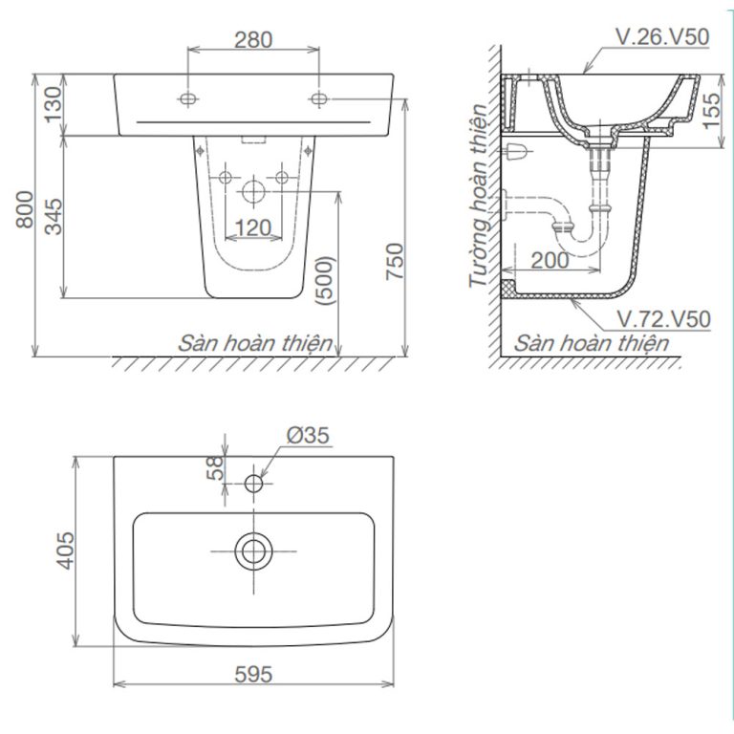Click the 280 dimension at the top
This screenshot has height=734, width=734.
pos(253,39)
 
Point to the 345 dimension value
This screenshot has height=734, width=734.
pos(53,217)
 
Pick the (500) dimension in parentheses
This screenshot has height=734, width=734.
pos(326,280)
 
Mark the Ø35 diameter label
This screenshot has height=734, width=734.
pos(307,436)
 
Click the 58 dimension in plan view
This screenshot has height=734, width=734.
pos(216,467)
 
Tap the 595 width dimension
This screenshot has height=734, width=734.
pos(252,674)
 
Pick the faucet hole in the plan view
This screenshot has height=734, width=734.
pos(253,484)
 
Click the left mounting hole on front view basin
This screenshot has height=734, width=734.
pos(188,98)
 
